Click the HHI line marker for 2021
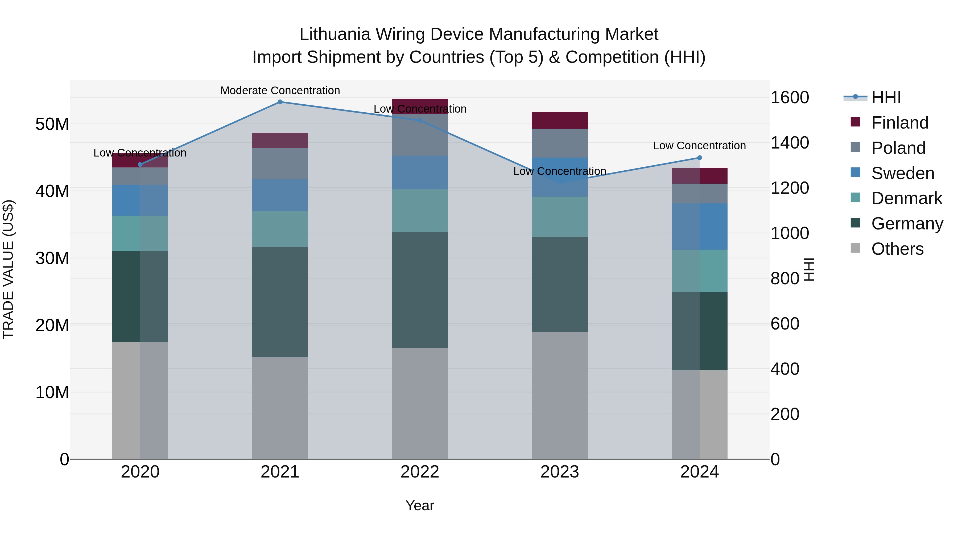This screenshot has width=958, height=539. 280,102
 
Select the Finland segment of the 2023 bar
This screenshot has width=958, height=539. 559,120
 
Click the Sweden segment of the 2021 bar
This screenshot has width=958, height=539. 280,195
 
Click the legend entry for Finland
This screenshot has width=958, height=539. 899,123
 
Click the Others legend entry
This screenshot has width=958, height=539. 897,249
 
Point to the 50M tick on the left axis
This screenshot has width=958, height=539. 52,124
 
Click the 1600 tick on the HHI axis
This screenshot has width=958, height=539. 790,97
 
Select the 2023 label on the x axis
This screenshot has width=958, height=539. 559,472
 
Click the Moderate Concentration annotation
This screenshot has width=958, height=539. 280,90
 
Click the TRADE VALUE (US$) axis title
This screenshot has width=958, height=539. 8,269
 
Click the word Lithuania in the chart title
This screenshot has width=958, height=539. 335,34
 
